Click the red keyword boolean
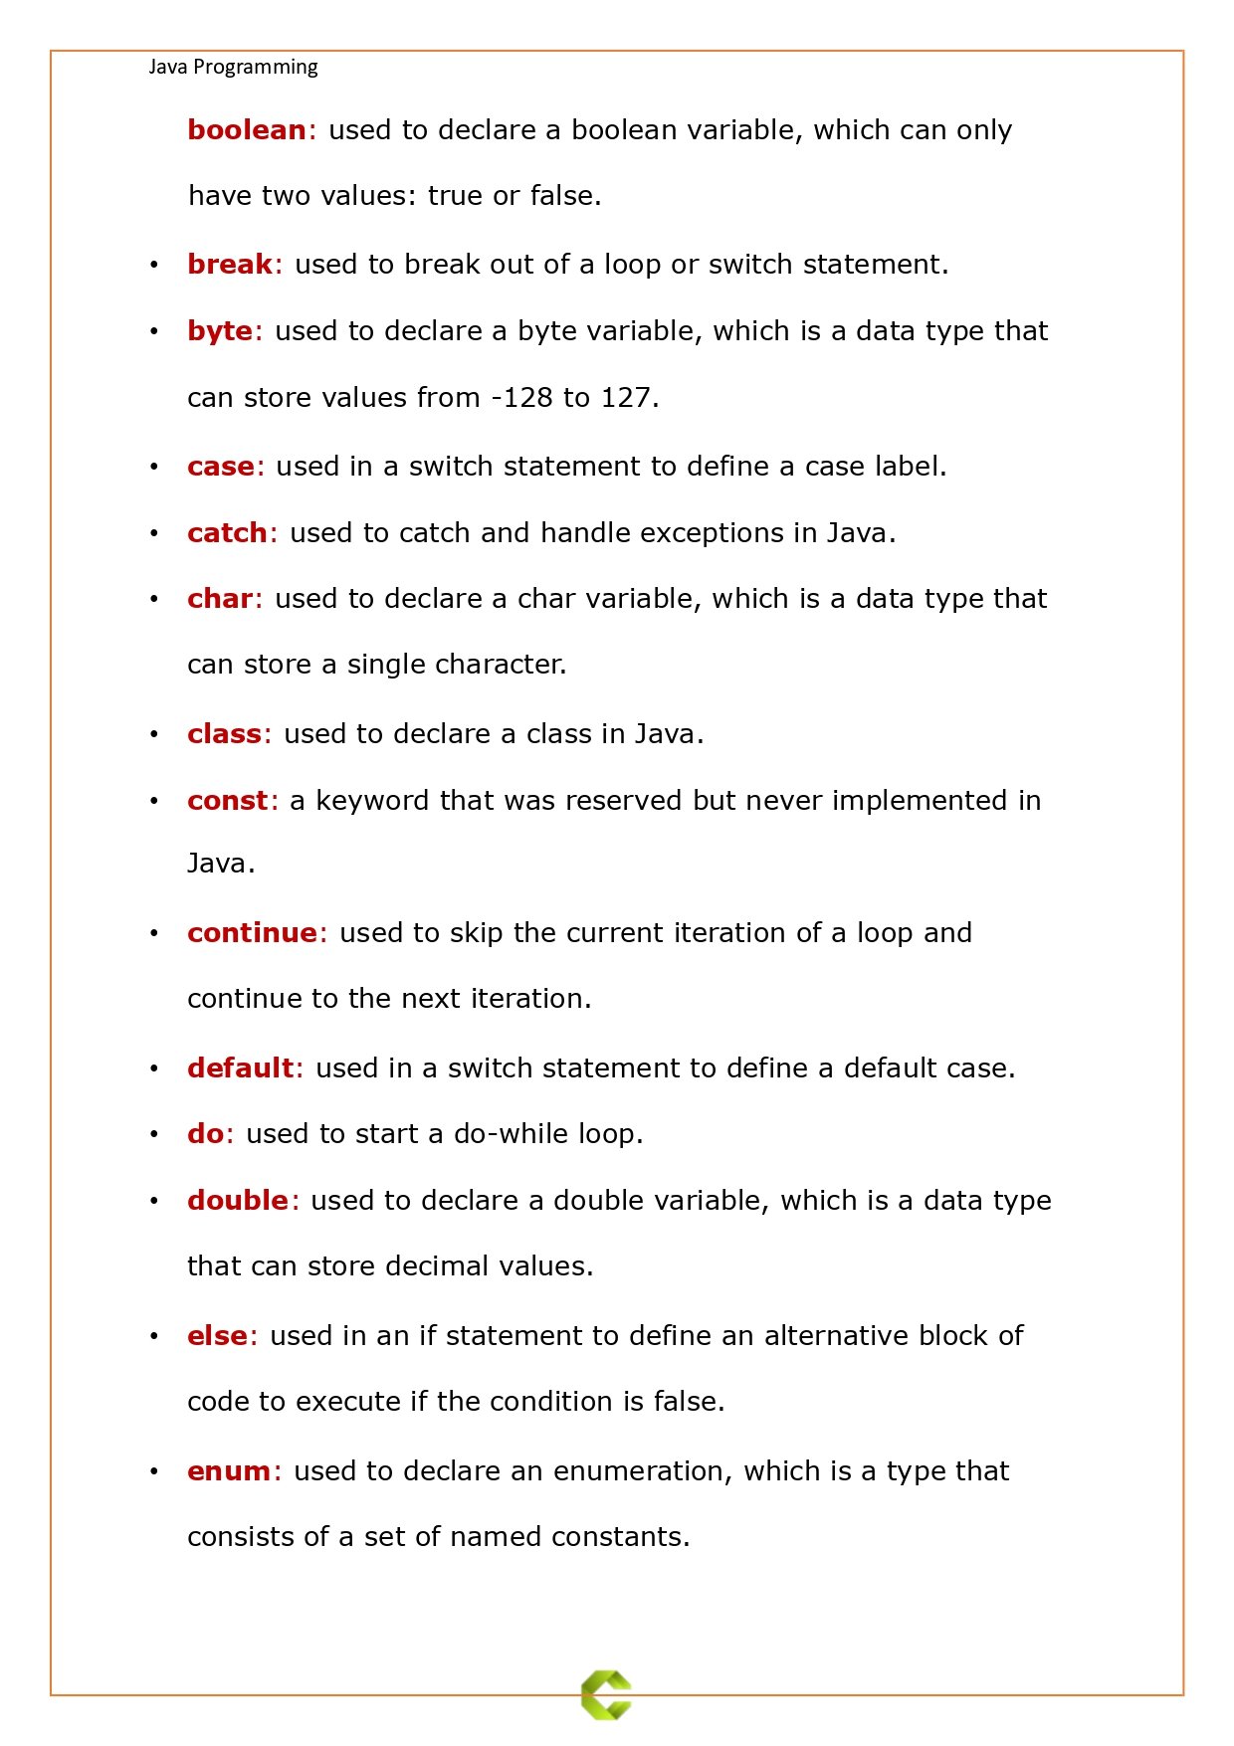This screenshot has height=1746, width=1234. click(x=246, y=130)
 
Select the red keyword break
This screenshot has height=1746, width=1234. click(x=229, y=265)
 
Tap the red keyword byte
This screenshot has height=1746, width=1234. click(x=219, y=331)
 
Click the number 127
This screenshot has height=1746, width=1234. click(x=625, y=398)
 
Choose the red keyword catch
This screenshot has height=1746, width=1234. click(x=227, y=533)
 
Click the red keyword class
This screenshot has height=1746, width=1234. click(x=224, y=734)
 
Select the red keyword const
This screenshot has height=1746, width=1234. click(x=227, y=801)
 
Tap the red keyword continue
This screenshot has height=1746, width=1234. click(x=252, y=933)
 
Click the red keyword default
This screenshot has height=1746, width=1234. click(x=240, y=1068)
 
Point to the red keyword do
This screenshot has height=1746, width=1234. click(x=205, y=1134)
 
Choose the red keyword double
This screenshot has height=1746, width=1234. click(x=237, y=1201)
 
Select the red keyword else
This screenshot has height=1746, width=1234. click(x=216, y=1336)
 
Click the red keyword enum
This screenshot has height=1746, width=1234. click(x=228, y=1471)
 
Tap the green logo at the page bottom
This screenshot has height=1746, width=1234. click(x=606, y=1694)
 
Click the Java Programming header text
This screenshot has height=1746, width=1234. click(x=233, y=67)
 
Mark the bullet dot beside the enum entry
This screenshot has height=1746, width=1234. click(x=154, y=1472)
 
